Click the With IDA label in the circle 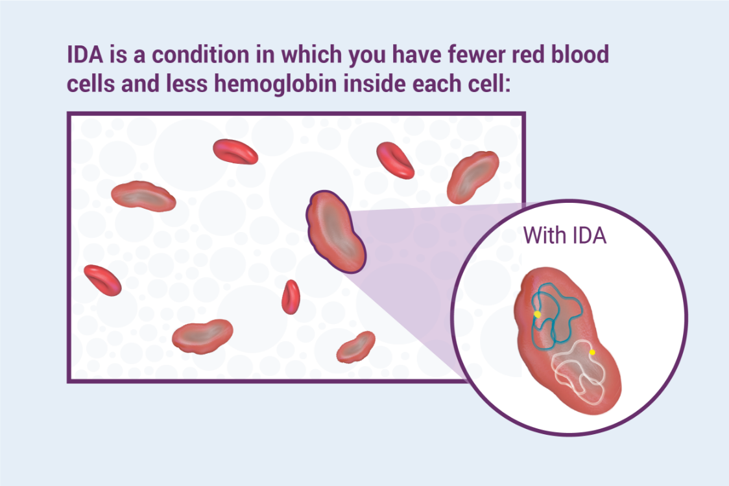(x=564, y=235)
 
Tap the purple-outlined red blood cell (x=336, y=231)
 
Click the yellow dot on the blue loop (x=537, y=314)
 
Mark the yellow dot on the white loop (x=592, y=353)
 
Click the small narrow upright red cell (x=291, y=297)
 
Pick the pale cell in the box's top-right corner (x=473, y=177)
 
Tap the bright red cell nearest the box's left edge (x=102, y=280)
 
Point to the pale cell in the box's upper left (x=143, y=196)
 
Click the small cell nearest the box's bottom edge (x=355, y=347)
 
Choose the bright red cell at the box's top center (x=235, y=151)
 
